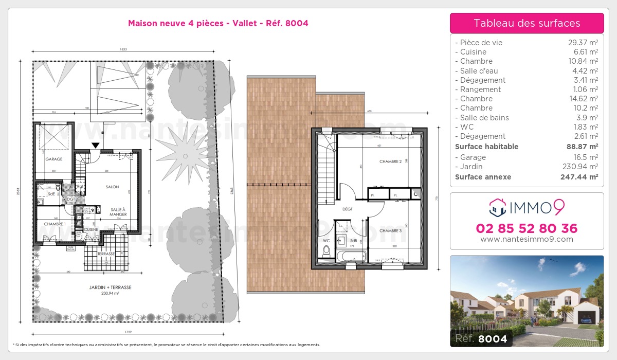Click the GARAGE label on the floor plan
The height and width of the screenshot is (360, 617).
pos(53,159)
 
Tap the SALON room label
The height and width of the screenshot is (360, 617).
pos(113,187)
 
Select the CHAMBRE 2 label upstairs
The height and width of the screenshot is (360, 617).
pos(390,161)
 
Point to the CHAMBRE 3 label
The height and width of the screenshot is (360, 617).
pos(390,231)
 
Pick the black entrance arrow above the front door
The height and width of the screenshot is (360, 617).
pos(95,146)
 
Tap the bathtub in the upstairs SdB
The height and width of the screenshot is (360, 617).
pos(351,256)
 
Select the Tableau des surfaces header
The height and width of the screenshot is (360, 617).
pos(527,23)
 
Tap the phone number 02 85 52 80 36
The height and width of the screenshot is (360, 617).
pos(527,228)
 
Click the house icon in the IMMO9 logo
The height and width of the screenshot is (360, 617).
pos(497,207)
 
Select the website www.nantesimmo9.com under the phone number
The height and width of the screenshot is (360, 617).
pos(527,239)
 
